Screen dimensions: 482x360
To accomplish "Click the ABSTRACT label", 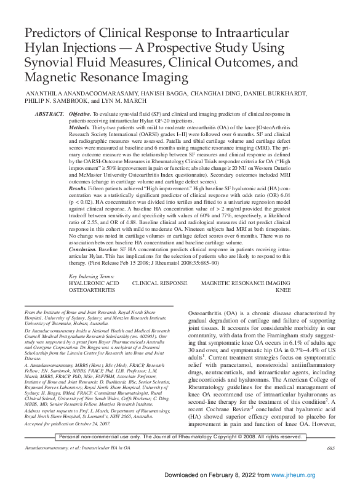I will click(49, 114).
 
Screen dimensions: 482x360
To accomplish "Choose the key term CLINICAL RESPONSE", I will click(159, 300).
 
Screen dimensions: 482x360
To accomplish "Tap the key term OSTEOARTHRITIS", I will click(92, 307).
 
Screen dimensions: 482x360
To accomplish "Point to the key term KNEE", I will click(283, 307).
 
